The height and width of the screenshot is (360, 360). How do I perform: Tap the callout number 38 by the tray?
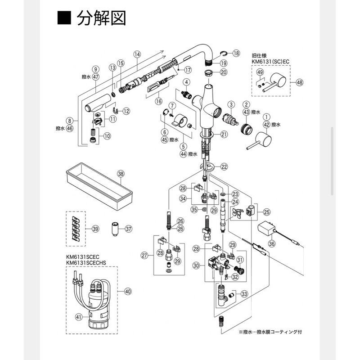click(x=120, y=174)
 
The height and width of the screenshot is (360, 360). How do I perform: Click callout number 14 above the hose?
click(x=137, y=54)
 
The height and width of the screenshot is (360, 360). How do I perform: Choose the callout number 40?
click(x=127, y=291)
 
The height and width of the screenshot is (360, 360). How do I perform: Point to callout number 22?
click(x=224, y=166)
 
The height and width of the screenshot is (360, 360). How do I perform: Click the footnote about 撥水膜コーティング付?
click(x=274, y=332)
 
